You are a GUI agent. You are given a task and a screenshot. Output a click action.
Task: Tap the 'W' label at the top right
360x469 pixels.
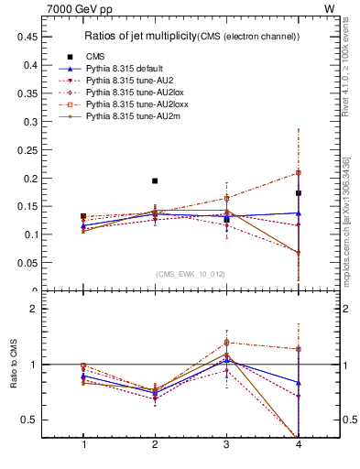tap(329, 8)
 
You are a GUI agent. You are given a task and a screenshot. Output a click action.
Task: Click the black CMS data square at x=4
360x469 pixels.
tap(299, 193)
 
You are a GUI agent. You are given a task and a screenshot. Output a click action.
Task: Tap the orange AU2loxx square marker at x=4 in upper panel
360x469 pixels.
tap(299, 172)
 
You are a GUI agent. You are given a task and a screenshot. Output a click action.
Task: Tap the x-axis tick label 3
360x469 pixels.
tap(226, 444)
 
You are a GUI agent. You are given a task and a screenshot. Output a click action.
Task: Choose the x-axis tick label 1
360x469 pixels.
tap(83, 444)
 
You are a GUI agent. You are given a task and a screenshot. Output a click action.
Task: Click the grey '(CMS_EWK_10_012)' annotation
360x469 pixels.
tap(191, 273)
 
